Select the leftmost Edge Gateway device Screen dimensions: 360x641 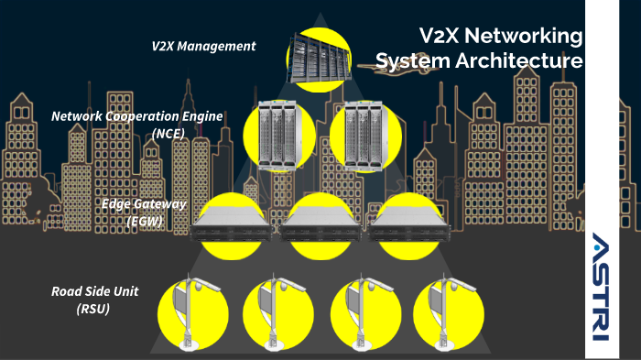click(x=233, y=225)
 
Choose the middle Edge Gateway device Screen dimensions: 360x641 click(x=320, y=225)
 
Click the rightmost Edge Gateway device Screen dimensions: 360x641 click(x=408, y=225)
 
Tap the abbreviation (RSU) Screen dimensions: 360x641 click(x=93, y=310)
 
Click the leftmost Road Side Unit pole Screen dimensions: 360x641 click(x=189, y=311)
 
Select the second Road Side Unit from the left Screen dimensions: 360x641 click(x=273, y=311)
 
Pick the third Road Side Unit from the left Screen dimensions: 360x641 click(x=359, y=311)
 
